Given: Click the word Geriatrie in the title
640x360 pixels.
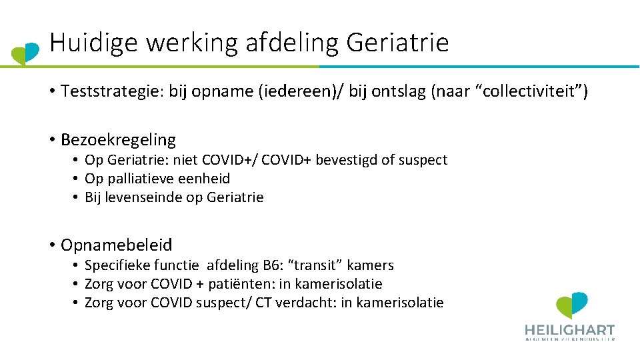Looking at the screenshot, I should [x=397, y=43].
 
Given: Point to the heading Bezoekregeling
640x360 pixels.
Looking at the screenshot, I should [x=118, y=140].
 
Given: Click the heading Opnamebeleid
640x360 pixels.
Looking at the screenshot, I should [x=116, y=245].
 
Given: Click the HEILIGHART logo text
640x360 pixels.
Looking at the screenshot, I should [x=569, y=330].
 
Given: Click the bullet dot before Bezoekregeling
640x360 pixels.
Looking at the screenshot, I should [x=51, y=140].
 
